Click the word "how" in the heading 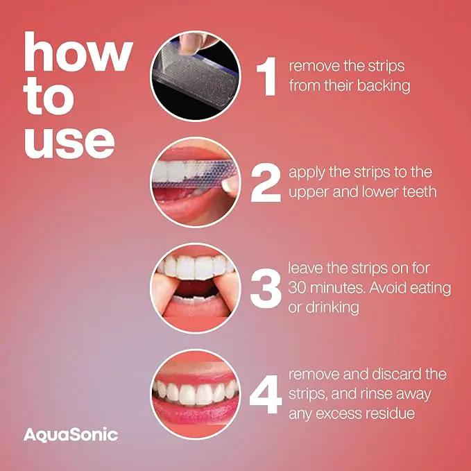coord(78,51)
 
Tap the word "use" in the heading coord(69,143)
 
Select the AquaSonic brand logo coord(71,435)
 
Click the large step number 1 coord(267,76)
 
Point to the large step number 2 coord(266,183)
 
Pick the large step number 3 coord(266,289)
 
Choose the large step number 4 coord(266,394)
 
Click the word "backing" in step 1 coord(384,86)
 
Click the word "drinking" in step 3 coord(332,307)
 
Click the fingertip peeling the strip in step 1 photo coord(189,44)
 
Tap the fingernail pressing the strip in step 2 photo coord(230,187)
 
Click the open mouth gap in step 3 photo coord(196,287)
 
